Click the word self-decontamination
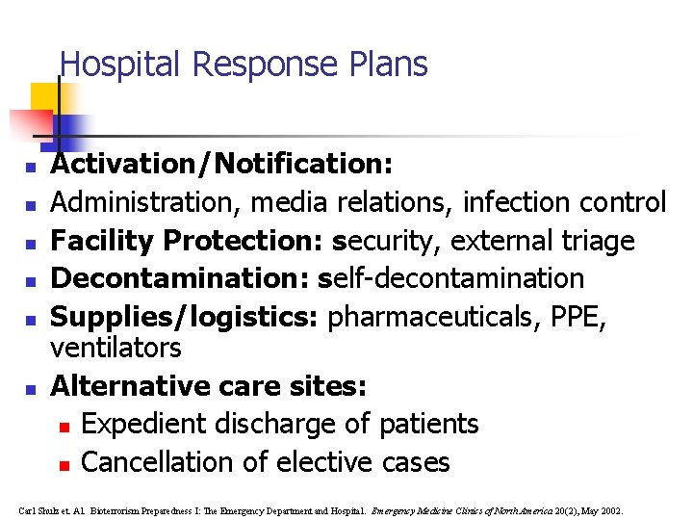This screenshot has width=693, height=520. click(x=457, y=279)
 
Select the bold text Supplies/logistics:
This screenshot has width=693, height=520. click(x=186, y=318)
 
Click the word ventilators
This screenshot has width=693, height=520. click(x=115, y=347)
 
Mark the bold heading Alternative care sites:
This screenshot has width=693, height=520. click(x=208, y=386)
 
